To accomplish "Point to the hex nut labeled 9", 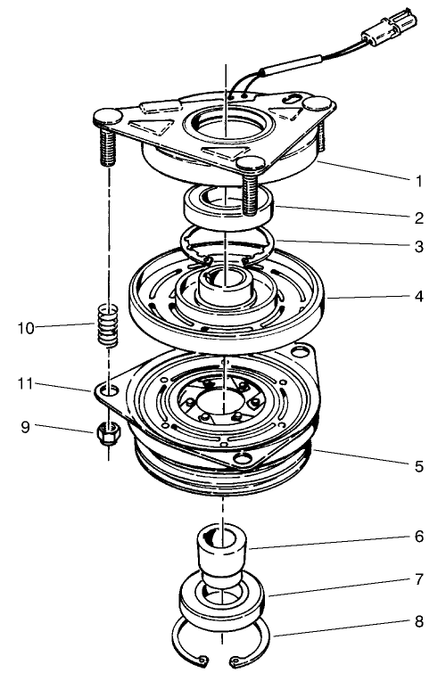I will [x=108, y=434].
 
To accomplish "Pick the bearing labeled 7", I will [x=223, y=599].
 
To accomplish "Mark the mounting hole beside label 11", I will [x=108, y=390].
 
